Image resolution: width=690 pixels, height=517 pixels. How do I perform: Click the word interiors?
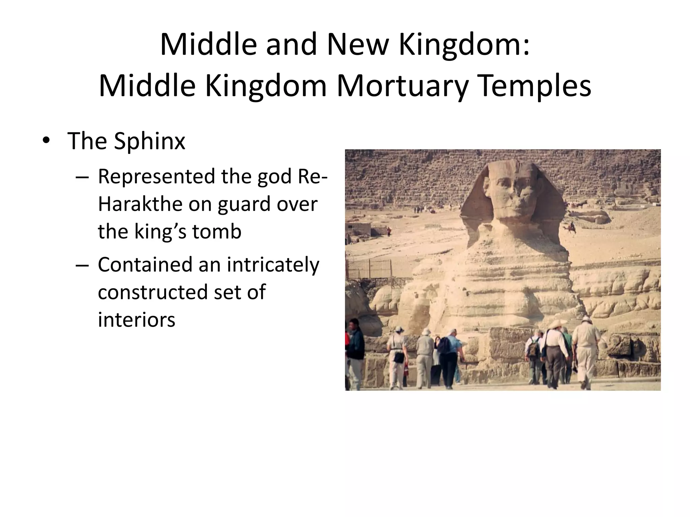136,319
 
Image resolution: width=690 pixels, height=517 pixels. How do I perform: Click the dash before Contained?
82,265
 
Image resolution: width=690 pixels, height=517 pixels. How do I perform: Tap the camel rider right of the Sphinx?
571,228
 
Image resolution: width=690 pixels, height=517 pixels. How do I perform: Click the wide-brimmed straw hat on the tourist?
557,324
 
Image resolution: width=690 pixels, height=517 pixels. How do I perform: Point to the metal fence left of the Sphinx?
369,269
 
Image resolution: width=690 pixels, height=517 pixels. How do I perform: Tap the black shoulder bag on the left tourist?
399,356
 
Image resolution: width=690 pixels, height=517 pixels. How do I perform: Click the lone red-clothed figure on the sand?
389,231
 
